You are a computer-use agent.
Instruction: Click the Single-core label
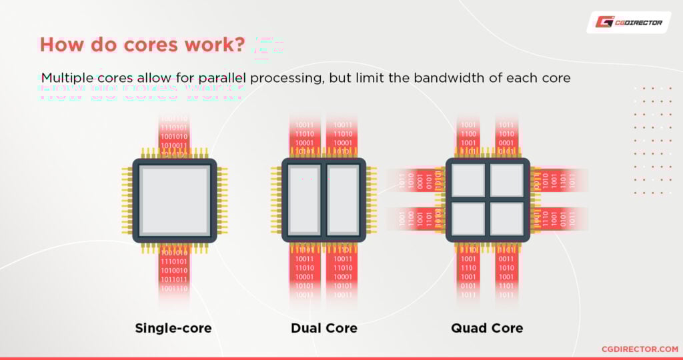coord(173,328)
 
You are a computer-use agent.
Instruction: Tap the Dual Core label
coord(324,328)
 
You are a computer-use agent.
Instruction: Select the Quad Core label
coord(487,328)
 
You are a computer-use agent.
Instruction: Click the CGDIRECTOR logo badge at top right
coord(628,23)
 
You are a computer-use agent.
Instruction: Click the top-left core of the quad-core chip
coord(468,181)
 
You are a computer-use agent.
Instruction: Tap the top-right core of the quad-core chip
coord(506,181)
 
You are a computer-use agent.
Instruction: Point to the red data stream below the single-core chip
coord(174,270)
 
